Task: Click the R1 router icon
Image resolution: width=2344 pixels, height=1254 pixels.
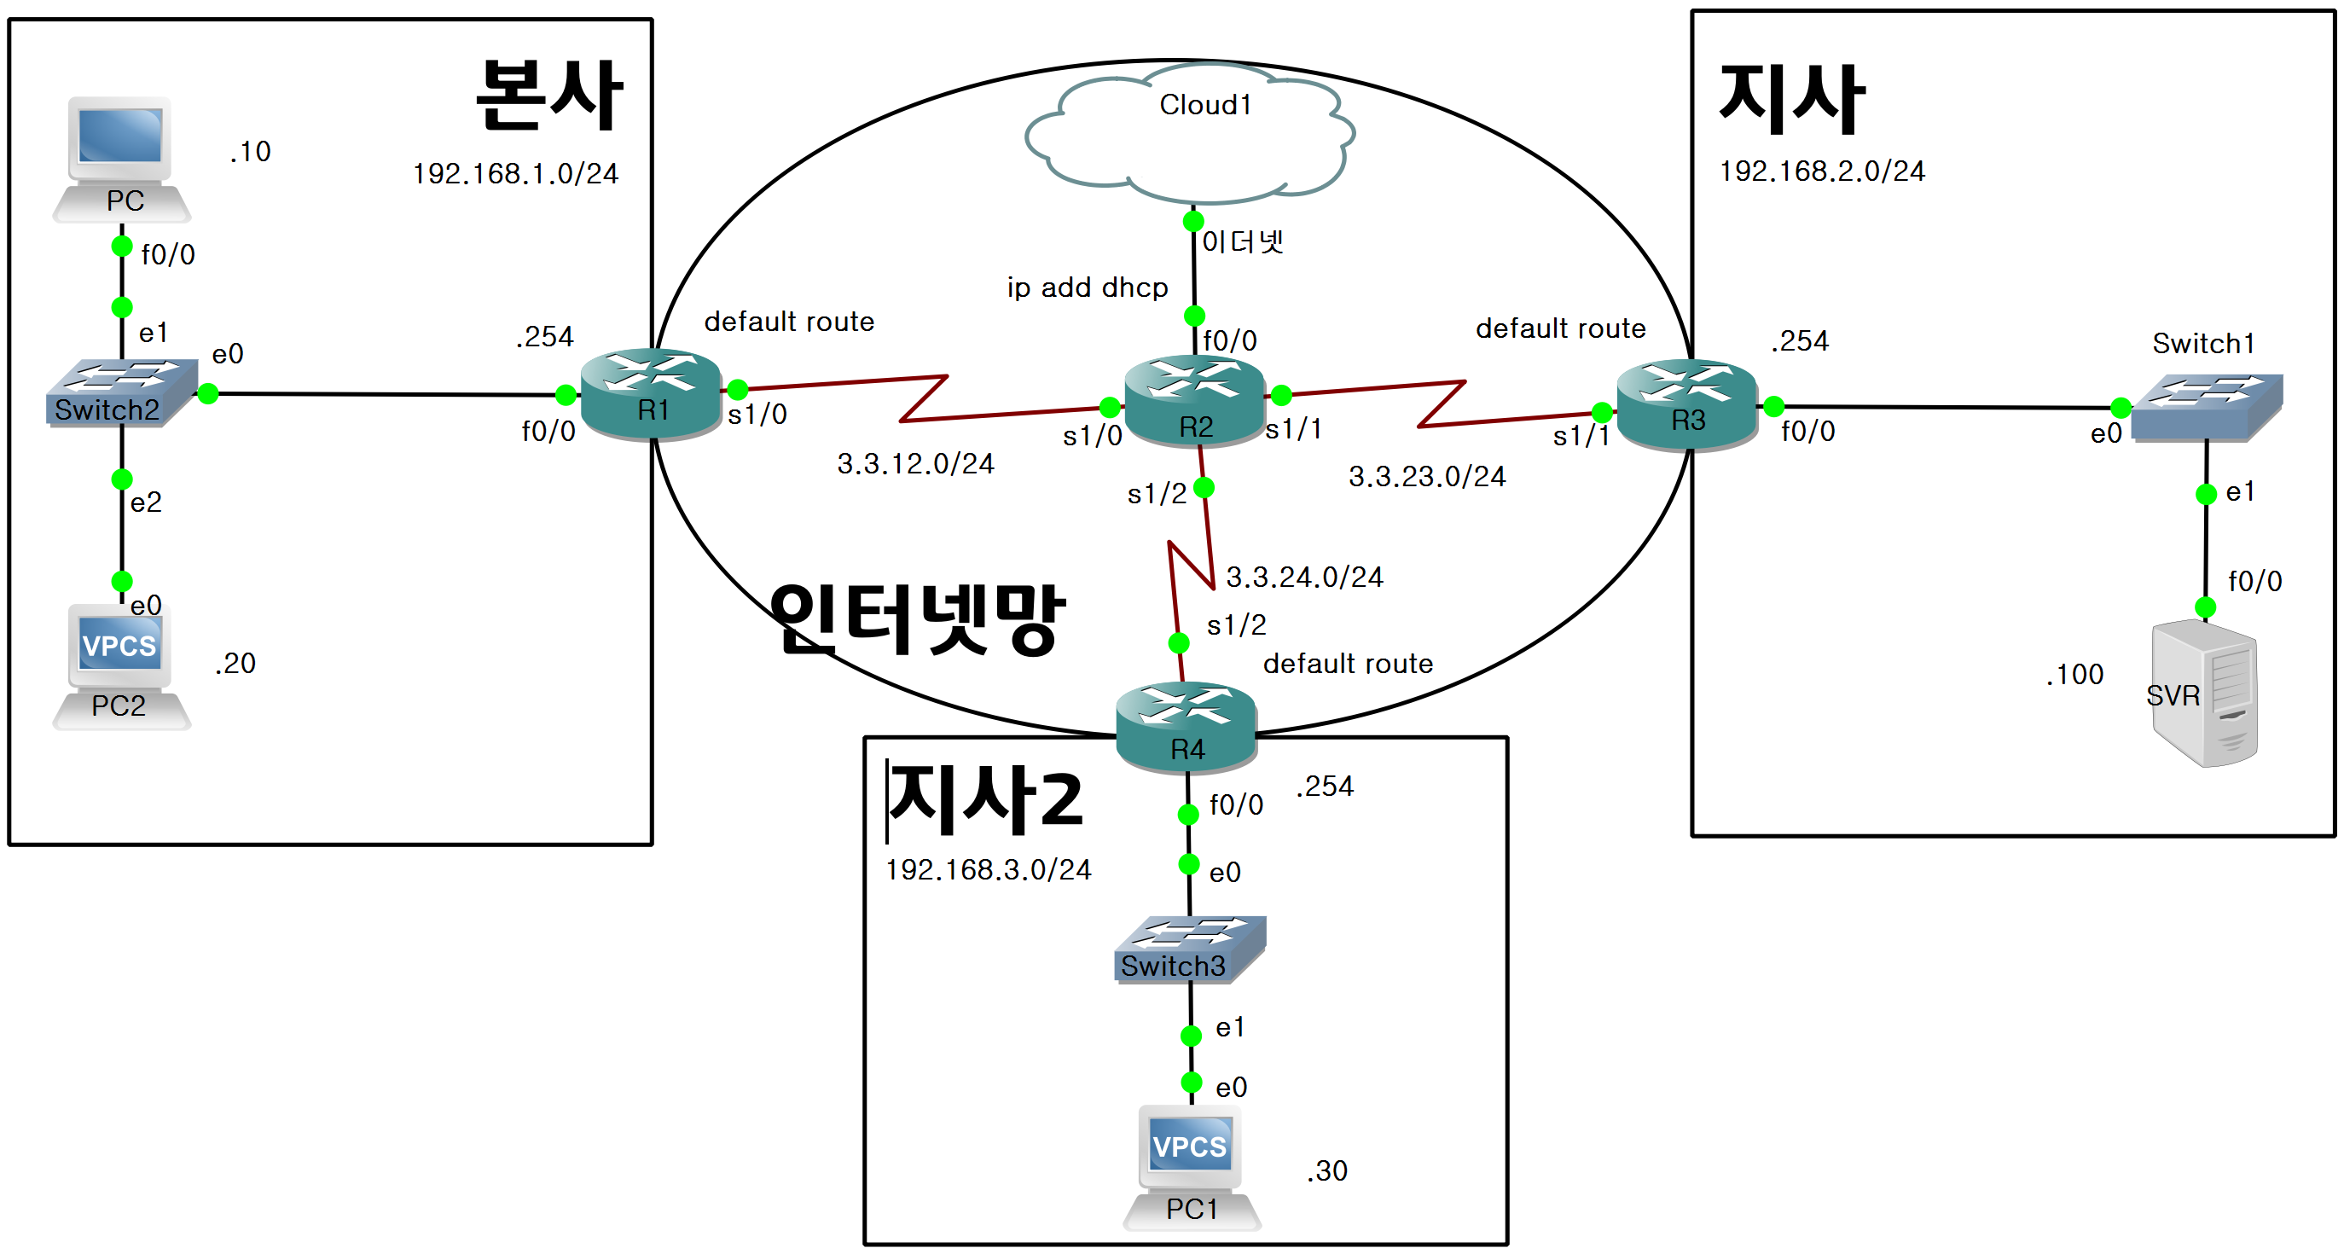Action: pyautogui.click(x=651, y=393)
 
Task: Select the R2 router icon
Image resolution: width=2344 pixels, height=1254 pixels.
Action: pyautogui.click(x=1194, y=400)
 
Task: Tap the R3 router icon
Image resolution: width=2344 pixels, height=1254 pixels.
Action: pyautogui.click(x=1686, y=404)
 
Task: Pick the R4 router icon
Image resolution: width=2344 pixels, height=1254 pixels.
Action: pyautogui.click(x=1186, y=725)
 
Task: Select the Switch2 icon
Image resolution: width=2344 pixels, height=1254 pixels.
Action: pyautogui.click(x=121, y=392)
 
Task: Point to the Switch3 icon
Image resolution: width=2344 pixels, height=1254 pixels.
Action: pyautogui.click(x=1189, y=949)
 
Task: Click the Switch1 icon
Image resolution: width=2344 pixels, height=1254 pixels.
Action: pyautogui.click(x=2206, y=407)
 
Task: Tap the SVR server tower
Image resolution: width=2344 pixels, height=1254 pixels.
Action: pyautogui.click(x=2205, y=694)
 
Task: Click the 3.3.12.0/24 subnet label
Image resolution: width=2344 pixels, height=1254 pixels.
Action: pyautogui.click(x=915, y=464)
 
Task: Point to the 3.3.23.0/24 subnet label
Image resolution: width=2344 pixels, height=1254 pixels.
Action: pyautogui.click(x=1427, y=476)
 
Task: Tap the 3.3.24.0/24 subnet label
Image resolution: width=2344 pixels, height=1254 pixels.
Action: pyautogui.click(x=1304, y=577)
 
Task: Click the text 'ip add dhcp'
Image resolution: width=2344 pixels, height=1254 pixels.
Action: pyautogui.click(x=1088, y=287)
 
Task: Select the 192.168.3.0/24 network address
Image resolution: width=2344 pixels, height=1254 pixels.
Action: pyautogui.click(x=989, y=870)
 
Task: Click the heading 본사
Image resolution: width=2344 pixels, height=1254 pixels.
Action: pyautogui.click(x=548, y=95)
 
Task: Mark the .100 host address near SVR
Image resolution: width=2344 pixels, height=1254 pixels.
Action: pyautogui.click(x=2074, y=674)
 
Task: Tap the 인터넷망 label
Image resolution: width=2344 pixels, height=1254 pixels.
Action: pyautogui.click(x=916, y=618)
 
